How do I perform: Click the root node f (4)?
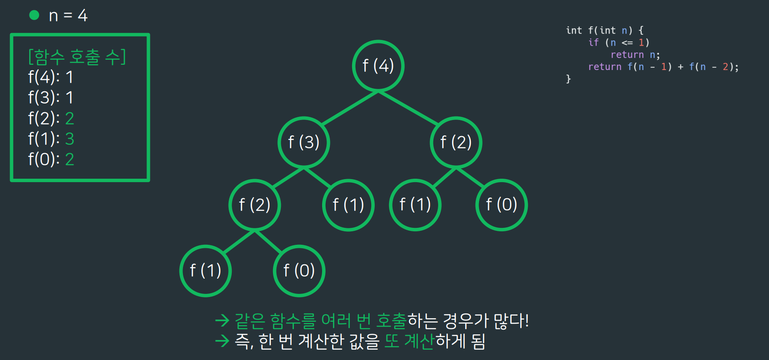pyautogui.click(x=378, y=66)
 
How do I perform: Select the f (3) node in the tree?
pyautogui.click(x=304, y=143)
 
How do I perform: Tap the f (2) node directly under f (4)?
pyautogui.click(x=456, y=143)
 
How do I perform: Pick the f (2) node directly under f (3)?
pyautogui.click(x=255, y=205)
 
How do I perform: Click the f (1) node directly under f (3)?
pyautogui.click(x=348, y=205)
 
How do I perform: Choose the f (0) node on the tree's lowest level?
pyautogui.click(x=299, y=271)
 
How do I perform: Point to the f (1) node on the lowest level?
pyautogui.click(x=206, y=271)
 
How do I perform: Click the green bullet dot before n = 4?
pyautogui.click(x=34, y=16)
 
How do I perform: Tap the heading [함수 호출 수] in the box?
pyautogui.click(x=77, y=57)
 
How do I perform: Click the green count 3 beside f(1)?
pyautogui.click(x=70, y=139)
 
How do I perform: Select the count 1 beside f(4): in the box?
pyautogui.click(x=70, y=77)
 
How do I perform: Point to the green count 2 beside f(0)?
pyautogui.click(x=70, y=160)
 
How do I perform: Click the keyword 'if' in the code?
pyautogui.click(x=593, y=43)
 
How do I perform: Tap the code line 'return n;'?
pyautogui.click(x=635, y=55)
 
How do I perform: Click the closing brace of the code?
pyautogui.click(x=568, y=79)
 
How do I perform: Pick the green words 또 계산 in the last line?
pyautogui.click(x=409, y=341)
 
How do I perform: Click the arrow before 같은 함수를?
pyautogui.click(x=222, y=321)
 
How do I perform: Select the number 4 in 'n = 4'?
pyautogui.click(x=83, y=16)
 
